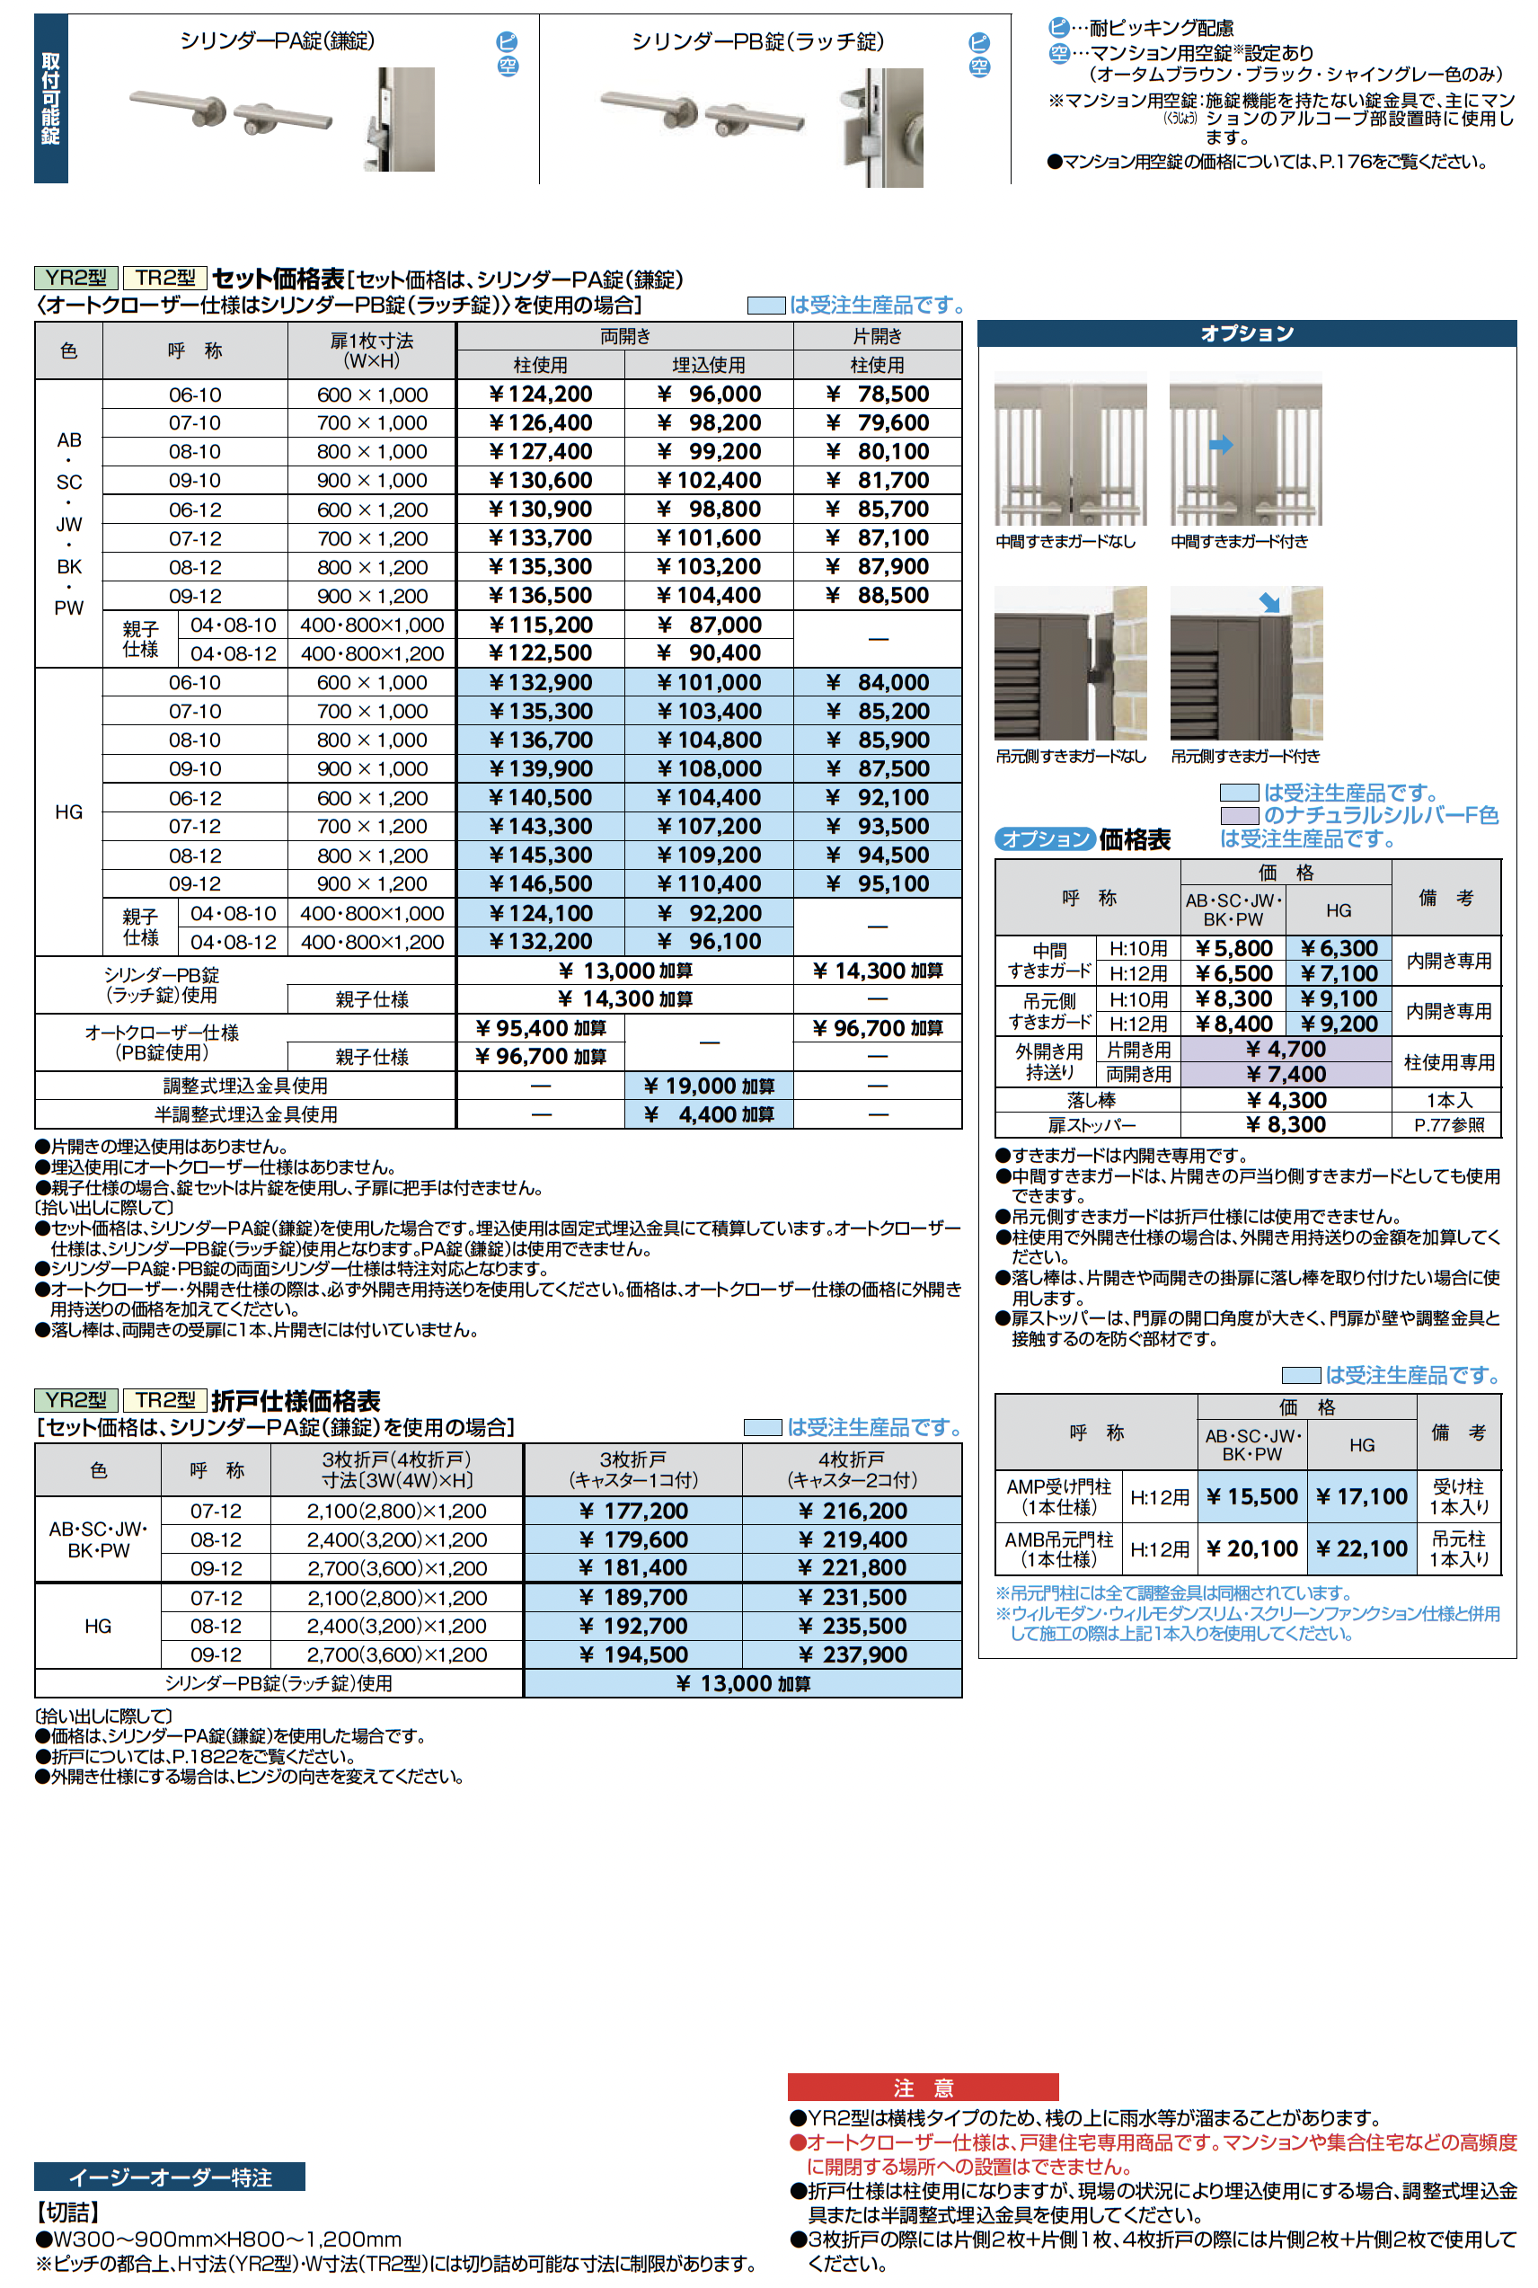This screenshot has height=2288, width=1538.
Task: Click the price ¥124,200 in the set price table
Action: [541, 395]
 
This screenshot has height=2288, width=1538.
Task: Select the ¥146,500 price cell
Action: [541, 884]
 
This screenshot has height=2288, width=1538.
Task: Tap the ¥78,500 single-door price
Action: [878, 395]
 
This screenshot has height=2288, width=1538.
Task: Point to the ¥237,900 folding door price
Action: [853, 1654]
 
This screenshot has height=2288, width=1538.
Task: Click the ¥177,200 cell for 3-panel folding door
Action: [632, 1511]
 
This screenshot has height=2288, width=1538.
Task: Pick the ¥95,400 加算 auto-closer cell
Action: [541, 1028]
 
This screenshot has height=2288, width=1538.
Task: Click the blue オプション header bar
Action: [1247, 333]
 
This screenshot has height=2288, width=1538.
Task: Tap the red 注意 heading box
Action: [922, 2087]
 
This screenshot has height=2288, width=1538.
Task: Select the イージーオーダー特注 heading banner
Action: [170, 2177]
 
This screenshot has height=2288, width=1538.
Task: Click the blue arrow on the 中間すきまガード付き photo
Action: [1221, 446]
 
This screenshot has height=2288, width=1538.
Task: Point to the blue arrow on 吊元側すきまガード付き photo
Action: [1269, 602]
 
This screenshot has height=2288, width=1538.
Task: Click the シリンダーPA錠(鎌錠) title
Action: [277, 41]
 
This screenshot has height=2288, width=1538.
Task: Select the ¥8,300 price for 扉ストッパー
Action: [1286, 1124]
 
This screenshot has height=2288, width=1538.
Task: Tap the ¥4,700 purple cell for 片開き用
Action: [1286, 1049]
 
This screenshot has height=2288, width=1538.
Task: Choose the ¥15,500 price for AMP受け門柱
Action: [1251, 1496]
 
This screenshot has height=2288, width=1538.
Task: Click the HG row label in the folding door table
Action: [98, 1626]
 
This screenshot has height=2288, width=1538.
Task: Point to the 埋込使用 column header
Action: [708, 365]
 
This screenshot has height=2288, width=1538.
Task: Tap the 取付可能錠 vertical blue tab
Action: [51, 98]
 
